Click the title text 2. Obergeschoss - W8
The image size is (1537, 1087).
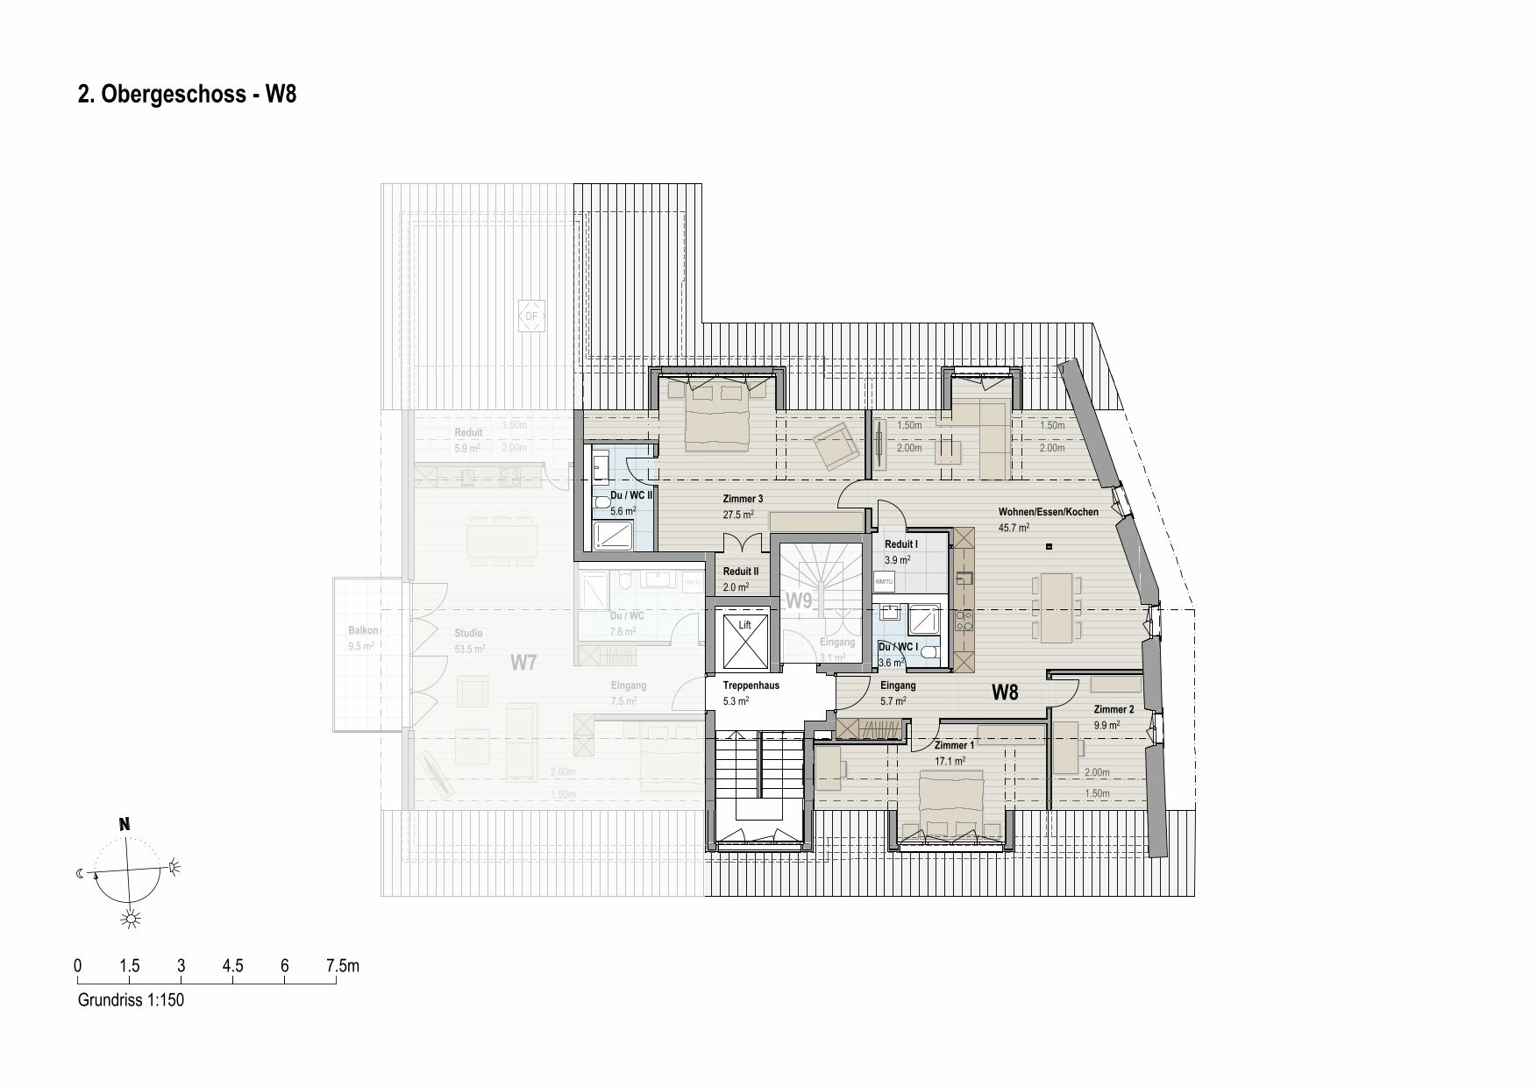tap(188, 96)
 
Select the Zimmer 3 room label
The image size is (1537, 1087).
tap(743, 499)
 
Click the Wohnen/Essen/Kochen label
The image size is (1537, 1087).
tap(1048, 512)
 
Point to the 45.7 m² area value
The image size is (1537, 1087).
tap(1014, 528)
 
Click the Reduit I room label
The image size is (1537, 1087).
tap(901, 544)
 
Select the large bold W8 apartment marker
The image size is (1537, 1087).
tap(1005, 693)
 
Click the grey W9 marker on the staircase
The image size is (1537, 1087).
tap(799, 601)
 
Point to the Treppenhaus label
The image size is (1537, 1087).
tap(751, 686)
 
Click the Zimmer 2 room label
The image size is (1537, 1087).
tap(1114, 709)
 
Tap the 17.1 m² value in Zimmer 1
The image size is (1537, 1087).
tap(950, 761)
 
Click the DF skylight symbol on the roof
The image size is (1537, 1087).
tap(531, 316)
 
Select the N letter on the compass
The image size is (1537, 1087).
tap(125, 824)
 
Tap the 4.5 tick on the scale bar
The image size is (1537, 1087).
tap(232, 967)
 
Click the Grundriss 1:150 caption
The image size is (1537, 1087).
tap(132, 1000)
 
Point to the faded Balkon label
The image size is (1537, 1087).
tap(363, 630)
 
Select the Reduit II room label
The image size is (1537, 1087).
tap(741, 572)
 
